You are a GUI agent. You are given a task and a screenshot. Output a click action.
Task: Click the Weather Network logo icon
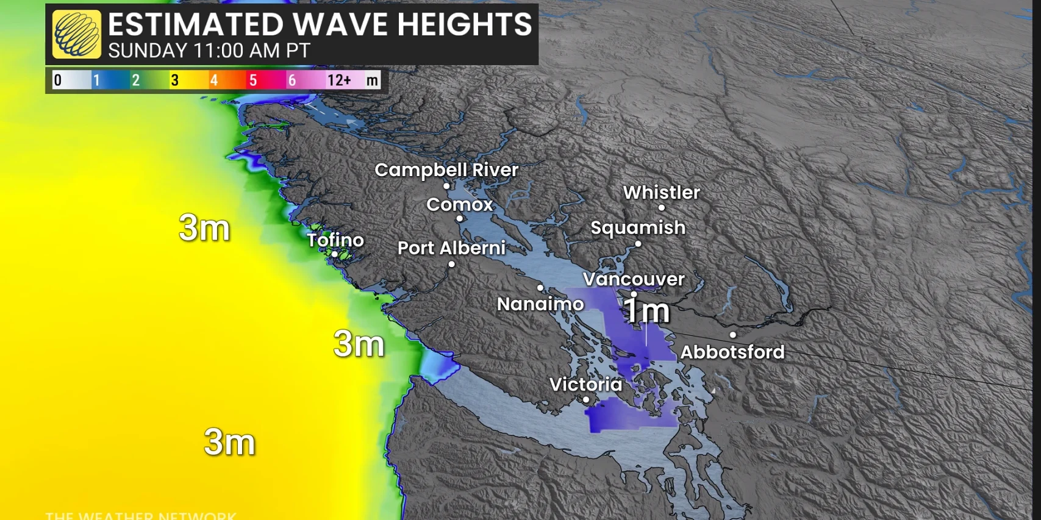click(77, 34)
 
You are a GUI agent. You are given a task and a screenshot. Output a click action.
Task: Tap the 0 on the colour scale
click(58, 80)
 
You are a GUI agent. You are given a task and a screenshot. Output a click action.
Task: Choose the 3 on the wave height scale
click(174, 80)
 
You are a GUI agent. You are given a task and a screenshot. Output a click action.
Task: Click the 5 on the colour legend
click(252, 80)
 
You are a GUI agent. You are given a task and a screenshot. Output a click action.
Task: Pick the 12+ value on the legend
click(339, 80)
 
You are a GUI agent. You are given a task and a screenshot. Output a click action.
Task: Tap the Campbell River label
click(446, 170)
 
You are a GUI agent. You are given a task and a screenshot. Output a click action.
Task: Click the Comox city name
click(459, 204)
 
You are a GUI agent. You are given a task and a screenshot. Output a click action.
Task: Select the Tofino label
click(335, 240)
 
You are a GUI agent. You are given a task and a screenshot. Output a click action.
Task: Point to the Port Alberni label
click(451, 248)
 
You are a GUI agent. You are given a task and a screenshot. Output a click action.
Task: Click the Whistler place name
click(661, 193)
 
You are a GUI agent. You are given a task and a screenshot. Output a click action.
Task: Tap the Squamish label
click(638, 228)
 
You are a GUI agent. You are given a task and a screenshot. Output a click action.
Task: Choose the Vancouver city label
click(634, 279)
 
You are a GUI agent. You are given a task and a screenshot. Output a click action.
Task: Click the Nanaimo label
click(540, 304)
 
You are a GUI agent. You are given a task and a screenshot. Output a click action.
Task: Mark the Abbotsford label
click(732, 352)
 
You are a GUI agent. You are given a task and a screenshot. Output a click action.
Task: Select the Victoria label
click(585, 385)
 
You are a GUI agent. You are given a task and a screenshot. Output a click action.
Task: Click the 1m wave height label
click(646, 311)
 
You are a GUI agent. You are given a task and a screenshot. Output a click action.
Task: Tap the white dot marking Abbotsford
click(732, 335)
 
